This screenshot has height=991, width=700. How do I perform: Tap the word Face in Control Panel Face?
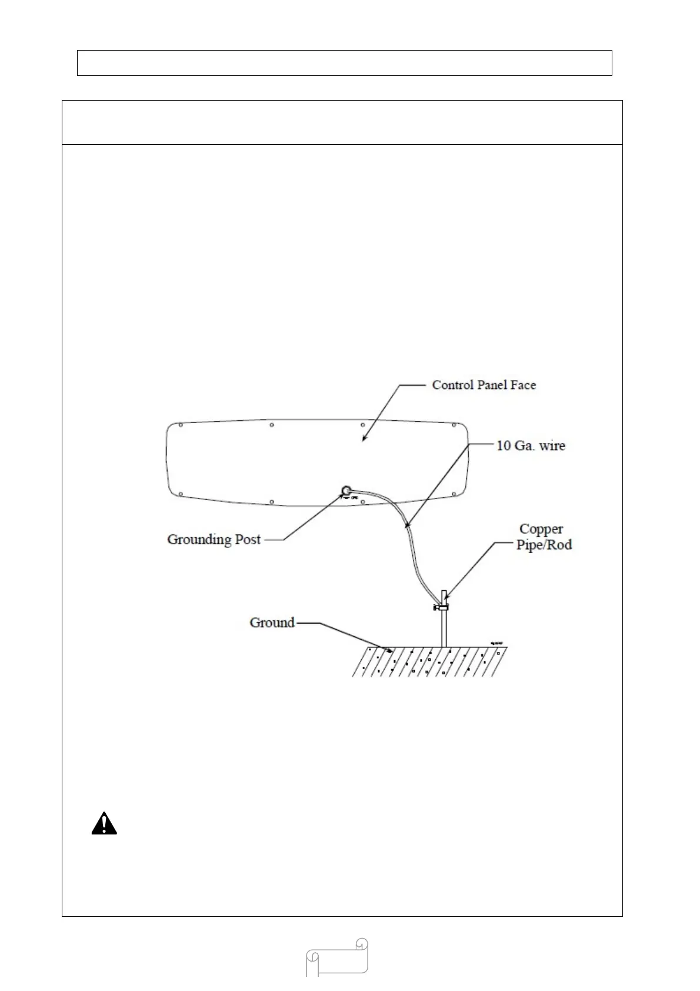[523, 385]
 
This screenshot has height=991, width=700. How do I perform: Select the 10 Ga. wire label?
[531, 445]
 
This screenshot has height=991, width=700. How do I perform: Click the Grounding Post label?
[214, 540]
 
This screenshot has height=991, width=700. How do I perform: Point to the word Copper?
[541, 529]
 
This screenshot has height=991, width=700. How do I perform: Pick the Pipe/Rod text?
[544, 544]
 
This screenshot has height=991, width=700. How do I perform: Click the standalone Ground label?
[272, 623]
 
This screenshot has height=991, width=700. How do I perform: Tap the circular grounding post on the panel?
[346, 490]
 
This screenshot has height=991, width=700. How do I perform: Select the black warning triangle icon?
[104, 824]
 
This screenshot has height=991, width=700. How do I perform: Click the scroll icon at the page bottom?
[337, 957]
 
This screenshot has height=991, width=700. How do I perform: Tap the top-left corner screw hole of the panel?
[181, 425]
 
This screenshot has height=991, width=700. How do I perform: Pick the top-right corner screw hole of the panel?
[454, 425]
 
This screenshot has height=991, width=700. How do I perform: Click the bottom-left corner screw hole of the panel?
[181, 494]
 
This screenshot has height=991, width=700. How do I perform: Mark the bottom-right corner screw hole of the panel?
[454, 494]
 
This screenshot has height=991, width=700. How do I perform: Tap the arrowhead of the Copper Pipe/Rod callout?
[446, 598]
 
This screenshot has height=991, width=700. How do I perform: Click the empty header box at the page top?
[344, 63]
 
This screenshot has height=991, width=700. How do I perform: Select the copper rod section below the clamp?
[444, 630]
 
